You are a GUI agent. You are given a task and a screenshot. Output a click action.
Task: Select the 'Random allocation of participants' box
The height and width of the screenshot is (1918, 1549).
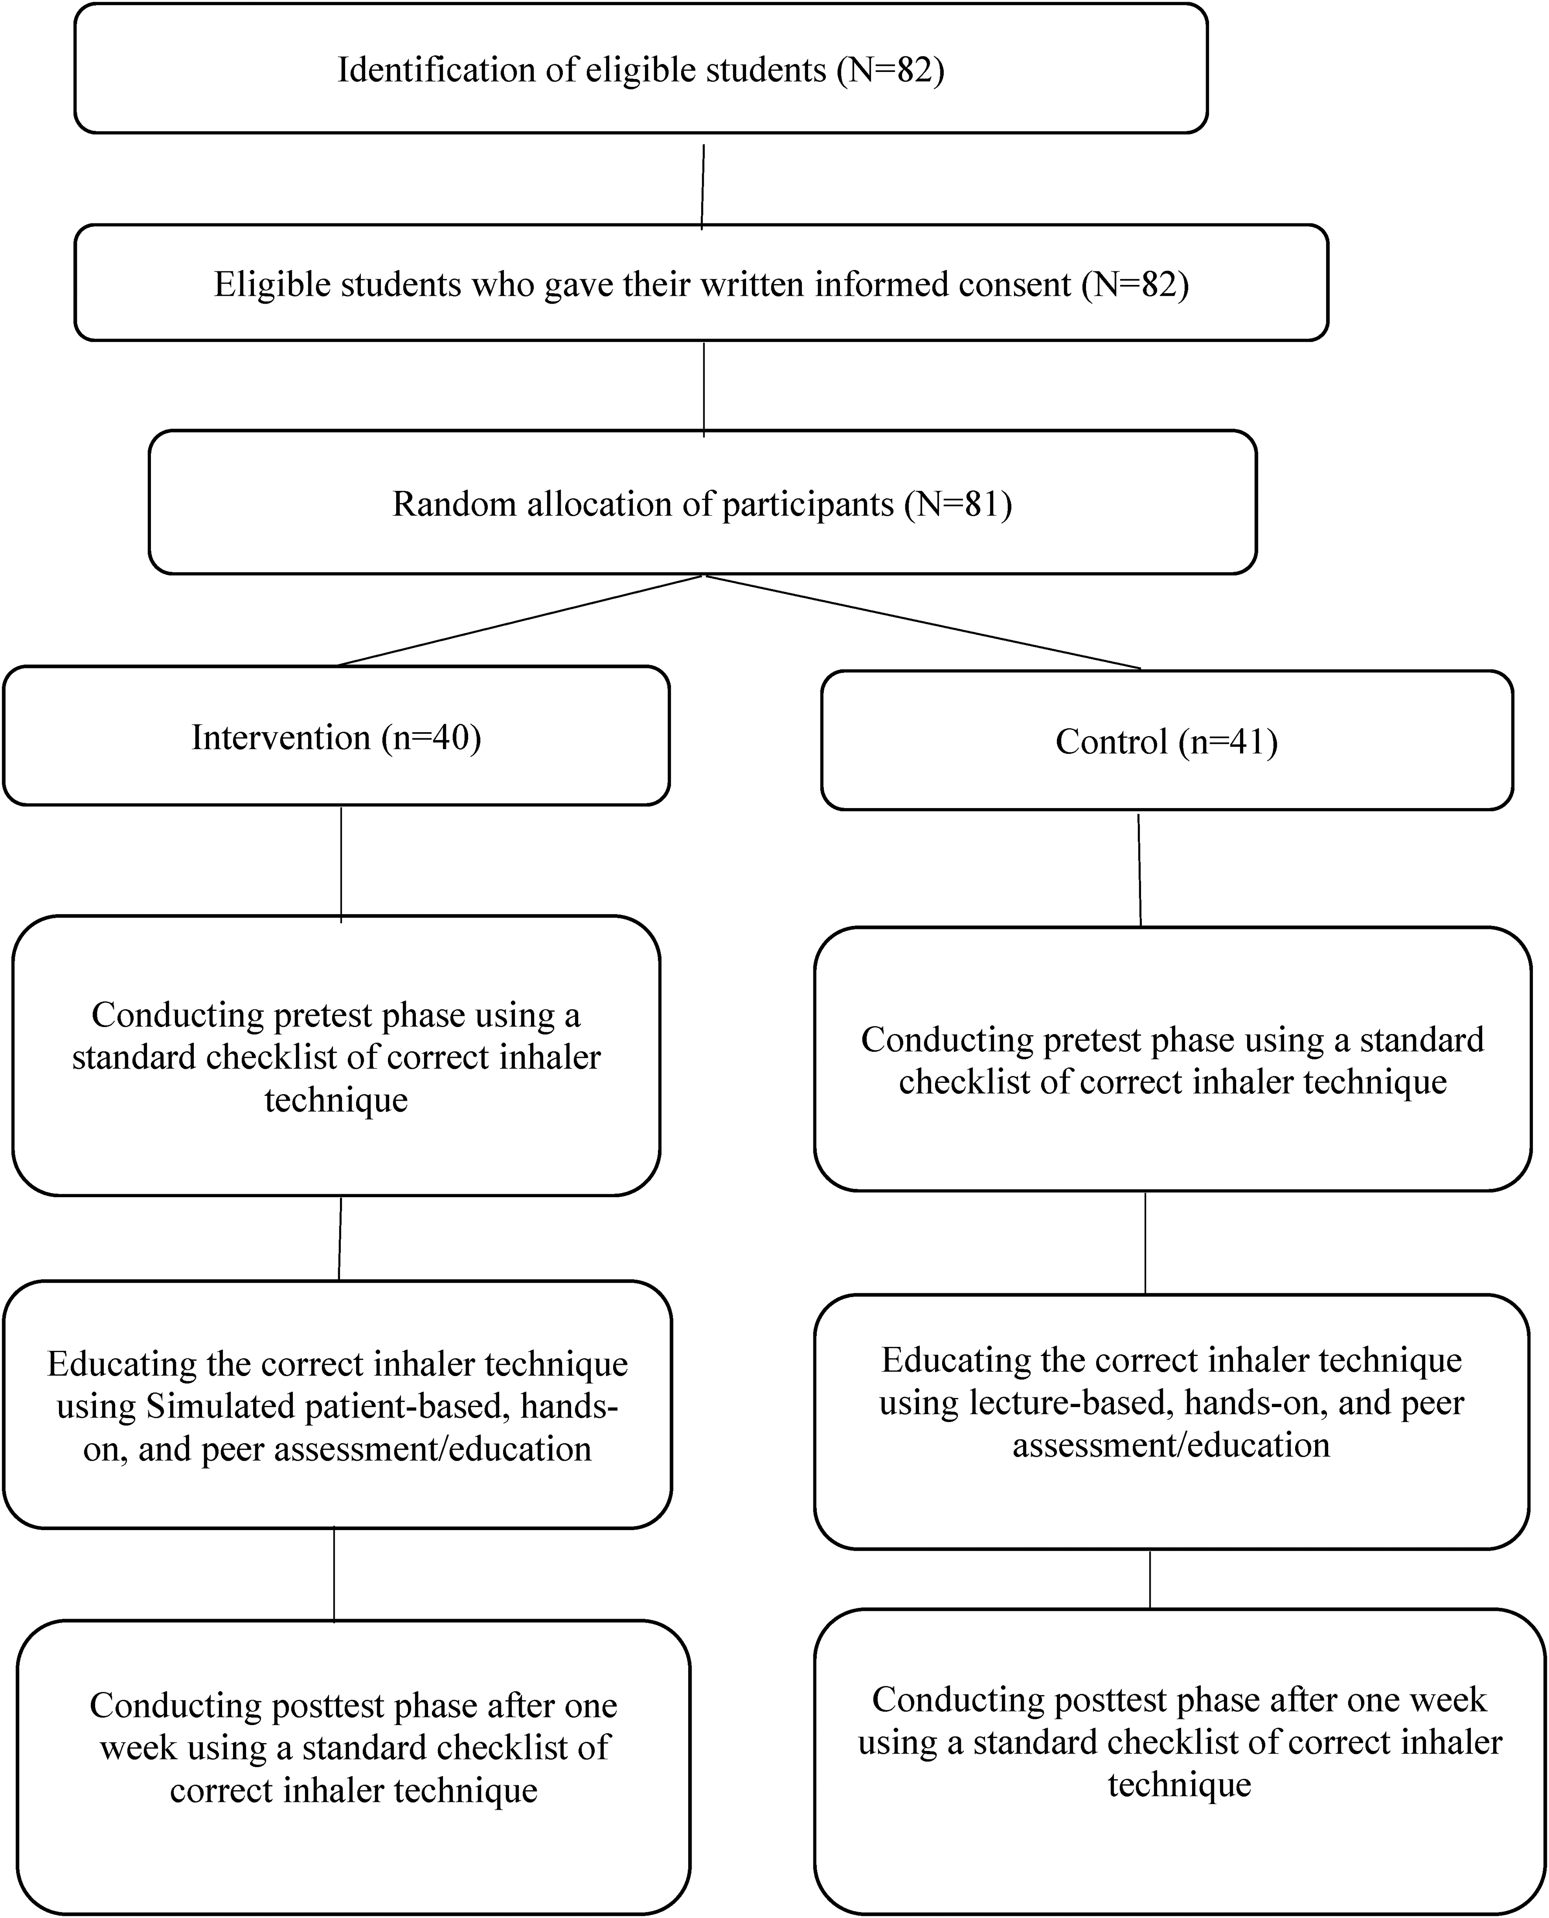pos(702,502)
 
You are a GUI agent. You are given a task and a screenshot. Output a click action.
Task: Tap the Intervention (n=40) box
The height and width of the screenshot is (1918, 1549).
pos(336,736)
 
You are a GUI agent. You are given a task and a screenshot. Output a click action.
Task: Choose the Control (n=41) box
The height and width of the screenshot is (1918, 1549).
pos(1167,740)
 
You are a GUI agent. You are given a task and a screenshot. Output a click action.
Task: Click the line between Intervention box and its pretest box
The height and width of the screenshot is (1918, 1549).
pos(341,863)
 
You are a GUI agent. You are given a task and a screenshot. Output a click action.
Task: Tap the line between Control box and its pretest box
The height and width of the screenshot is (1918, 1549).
pos(1139,870)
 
